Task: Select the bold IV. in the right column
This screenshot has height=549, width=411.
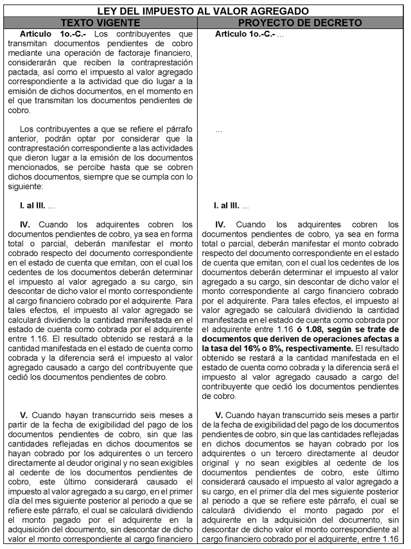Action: coord(220,225)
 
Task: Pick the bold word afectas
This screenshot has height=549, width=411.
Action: coord(380,338)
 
